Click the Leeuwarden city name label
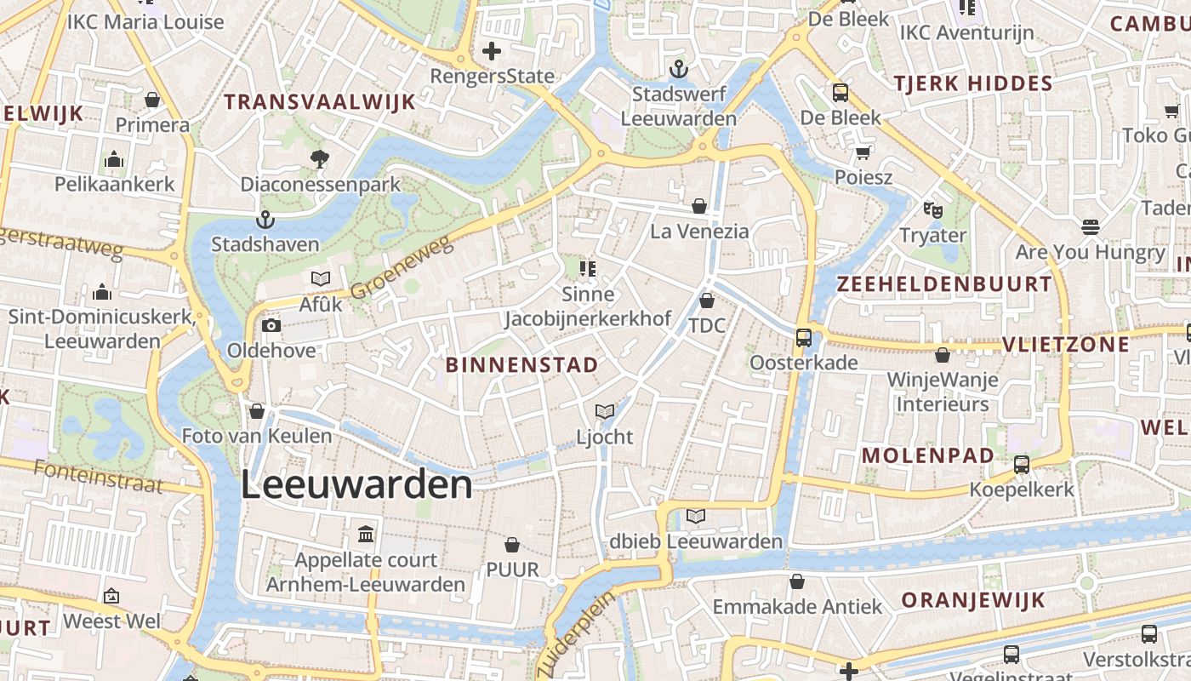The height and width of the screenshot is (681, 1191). pos(356,485)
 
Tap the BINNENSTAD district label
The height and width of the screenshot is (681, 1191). pos(522,365)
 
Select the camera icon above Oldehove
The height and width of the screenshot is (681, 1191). pos(271,326)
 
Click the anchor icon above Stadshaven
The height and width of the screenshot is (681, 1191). pos(265,220)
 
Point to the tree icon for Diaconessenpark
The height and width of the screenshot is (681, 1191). pos(320,158)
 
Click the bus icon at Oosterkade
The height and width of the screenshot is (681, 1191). pos(803,338)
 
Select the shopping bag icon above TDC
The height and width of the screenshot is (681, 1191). pos(707,300)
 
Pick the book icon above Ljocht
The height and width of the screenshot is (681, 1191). pos(605,412)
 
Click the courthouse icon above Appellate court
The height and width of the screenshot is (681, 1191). pos(366,535)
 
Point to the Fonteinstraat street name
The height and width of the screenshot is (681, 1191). pos(99,477)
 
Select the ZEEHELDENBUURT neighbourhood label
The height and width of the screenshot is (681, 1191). pos(944,284)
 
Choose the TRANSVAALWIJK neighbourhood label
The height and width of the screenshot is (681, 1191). pos(320,102)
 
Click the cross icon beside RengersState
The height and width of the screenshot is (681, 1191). pos(492,52)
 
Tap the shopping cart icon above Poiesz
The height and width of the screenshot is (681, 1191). pos(863,153)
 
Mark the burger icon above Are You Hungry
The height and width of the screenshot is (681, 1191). pos(1091,226)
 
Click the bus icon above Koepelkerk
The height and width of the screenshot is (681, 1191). pos(1022,465)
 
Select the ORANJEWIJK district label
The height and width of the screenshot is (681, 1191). pos(973,599)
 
